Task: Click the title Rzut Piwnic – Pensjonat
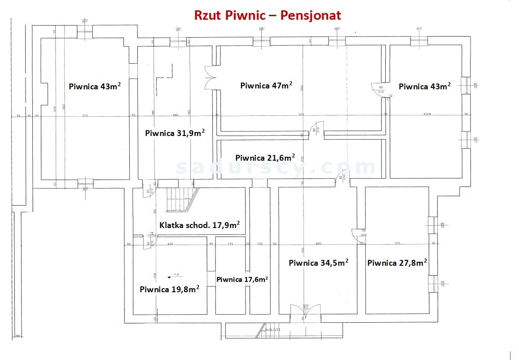tap(267, 15)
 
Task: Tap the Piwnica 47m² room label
tap(266, 85)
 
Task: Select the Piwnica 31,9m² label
tap(175, 133)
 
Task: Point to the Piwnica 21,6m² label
tap(265, 158)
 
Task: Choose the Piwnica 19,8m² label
tap(169, 290)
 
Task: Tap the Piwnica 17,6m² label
tap(242, 279)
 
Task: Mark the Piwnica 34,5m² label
tap(319, 263)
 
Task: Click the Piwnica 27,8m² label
tap(397, 263)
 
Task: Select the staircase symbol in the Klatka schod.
tap(182, 199)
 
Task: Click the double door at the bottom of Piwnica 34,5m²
tap(306, 312)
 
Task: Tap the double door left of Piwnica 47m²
tap(210, 78)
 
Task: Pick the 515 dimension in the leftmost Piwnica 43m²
tap(85, 116)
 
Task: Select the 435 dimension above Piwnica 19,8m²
tap(170, 244)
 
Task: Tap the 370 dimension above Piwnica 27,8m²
tap(397, 244)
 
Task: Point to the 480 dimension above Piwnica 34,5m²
tap(318, 244)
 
